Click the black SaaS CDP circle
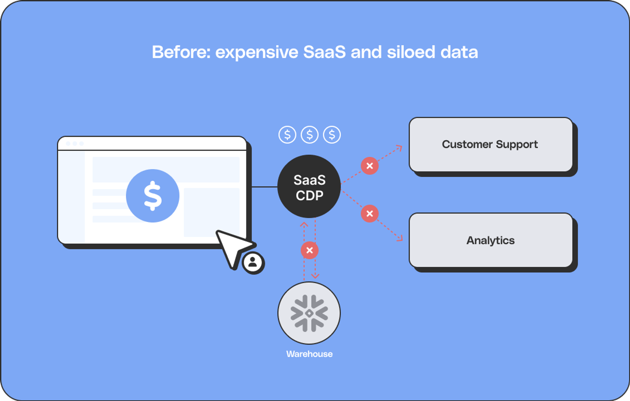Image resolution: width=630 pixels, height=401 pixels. point(309,187)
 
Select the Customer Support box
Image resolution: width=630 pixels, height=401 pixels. point(490,145)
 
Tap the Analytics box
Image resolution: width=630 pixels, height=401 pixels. point(490,240)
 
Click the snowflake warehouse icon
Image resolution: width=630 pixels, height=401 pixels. point(309,313)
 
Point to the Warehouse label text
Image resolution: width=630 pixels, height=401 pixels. point(309,354)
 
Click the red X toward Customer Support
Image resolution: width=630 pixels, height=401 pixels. point(370,166)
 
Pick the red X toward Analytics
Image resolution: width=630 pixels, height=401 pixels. point(370,214)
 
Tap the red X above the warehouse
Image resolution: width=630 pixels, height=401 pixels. point(309,250)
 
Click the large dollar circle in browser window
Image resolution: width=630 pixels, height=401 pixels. point(153,196)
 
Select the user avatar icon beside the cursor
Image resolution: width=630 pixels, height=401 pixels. point(253,263)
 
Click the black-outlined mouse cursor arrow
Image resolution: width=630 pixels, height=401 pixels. point(232,247)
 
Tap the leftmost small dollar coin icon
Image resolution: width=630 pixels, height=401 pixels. point(287,135)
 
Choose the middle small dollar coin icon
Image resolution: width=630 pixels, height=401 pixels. point(310,135)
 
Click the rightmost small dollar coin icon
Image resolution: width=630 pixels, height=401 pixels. point(332,135)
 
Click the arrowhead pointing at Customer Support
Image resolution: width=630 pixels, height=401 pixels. point(399,148)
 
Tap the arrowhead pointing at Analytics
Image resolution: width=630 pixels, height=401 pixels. point(399,238)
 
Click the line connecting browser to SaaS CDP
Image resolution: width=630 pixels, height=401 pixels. point(264,187)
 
